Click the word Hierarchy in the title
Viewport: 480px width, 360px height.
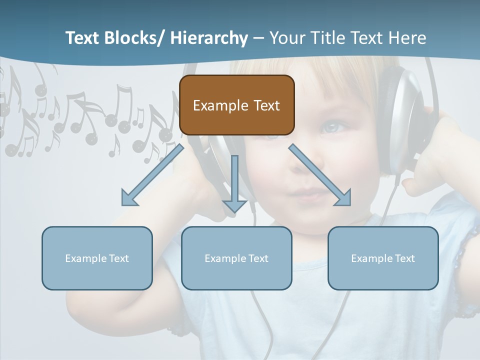[208, 38]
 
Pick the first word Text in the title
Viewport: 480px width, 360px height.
[82, 38]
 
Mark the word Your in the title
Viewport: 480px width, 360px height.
[286, 38]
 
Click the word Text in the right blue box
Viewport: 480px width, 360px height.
[404, 258]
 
